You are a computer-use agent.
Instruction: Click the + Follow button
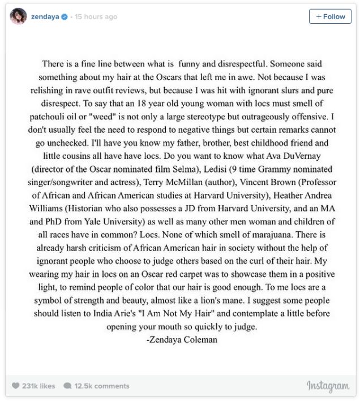[330, 16]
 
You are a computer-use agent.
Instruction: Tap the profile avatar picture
[19, 16]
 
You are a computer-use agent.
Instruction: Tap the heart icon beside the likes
[16, 386]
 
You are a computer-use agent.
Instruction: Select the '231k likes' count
[38, 386]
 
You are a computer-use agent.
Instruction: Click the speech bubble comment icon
[67, 386]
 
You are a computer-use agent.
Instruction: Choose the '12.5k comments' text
[102, 386]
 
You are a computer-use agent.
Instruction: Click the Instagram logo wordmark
[328, 386]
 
